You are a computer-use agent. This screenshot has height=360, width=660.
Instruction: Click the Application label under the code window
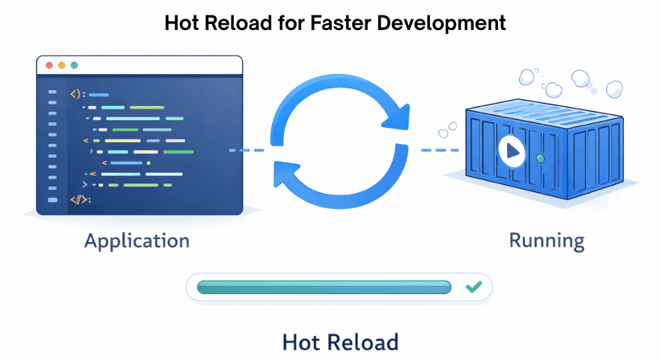(x=137, y=240)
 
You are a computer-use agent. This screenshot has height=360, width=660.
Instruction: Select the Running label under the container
(x=547, y=240)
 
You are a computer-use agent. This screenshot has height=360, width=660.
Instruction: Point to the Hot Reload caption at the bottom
(x=340, y=342)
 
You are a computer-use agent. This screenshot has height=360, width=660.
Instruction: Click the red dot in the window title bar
(x=49, y=65)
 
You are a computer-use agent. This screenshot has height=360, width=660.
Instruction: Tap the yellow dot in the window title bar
(x=61, y=65)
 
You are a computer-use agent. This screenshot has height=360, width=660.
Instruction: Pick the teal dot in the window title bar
(x=74, y=65)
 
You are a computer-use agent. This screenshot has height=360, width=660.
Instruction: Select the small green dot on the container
(x=541, y=159)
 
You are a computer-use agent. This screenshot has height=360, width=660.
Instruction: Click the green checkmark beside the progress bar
(x=473, y=287)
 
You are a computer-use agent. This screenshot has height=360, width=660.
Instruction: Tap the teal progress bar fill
(x=324, y=287)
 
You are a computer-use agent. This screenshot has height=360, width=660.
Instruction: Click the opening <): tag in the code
(x=77, y=95)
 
